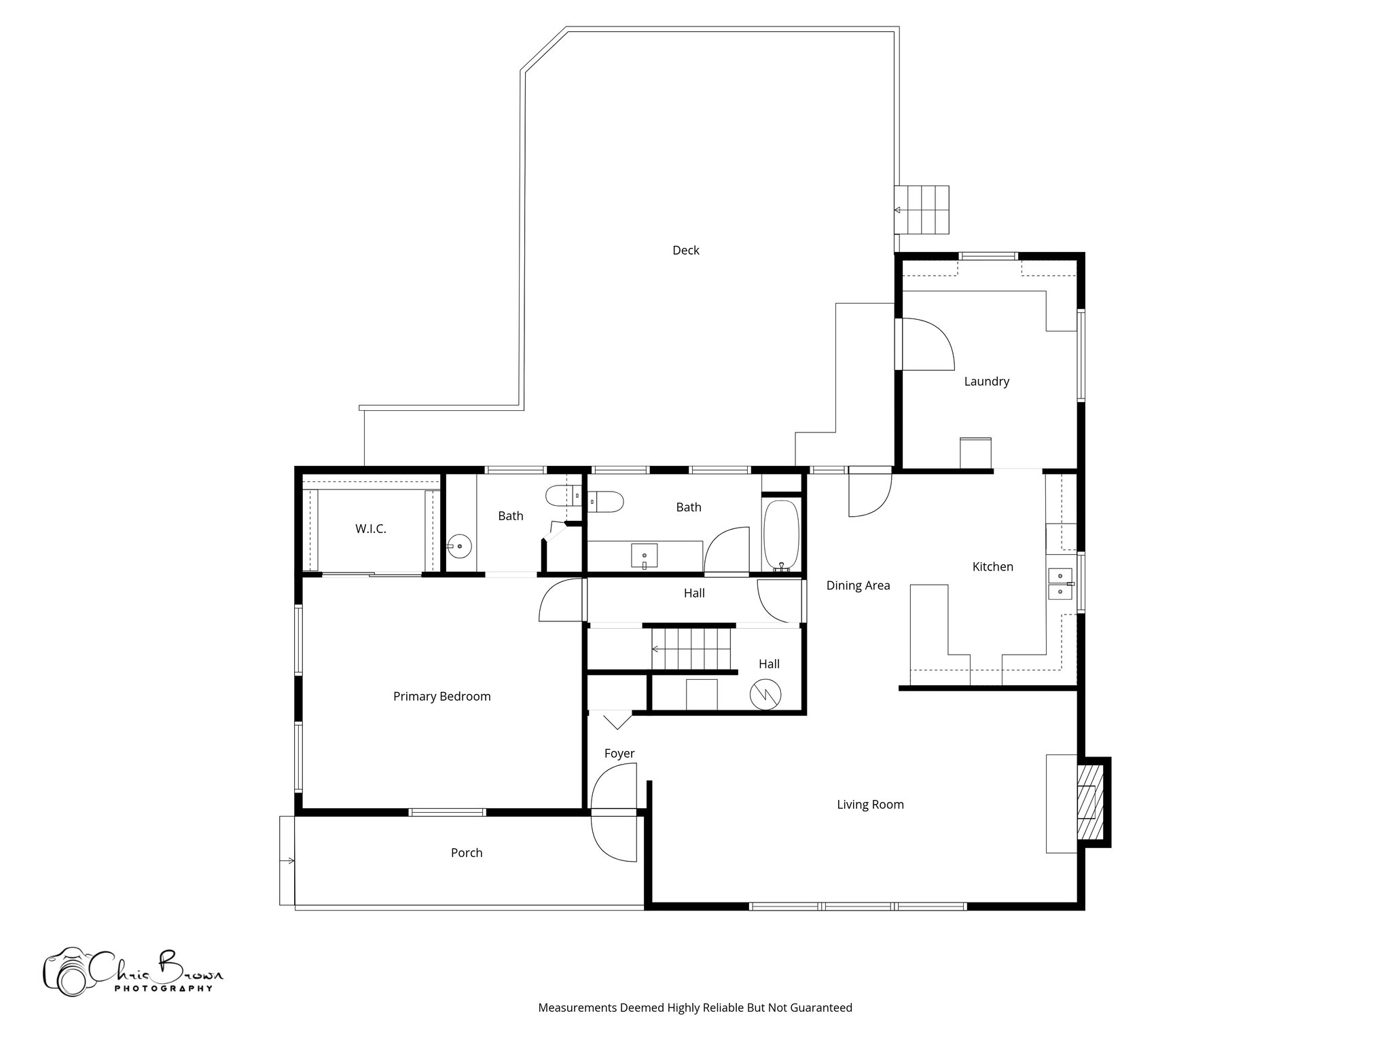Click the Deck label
(x=685, y=250)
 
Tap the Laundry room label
(x=986, y=382)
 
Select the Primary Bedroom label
(x=441, y=696)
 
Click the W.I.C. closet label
(x=370, y=529)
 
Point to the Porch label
(x=467, y=853)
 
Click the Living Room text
(x=870, y=805)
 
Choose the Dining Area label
(x=858, y=585)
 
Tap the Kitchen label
(x=992, y=566)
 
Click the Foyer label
(x=619, y=753)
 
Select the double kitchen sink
(x=1060, y=584)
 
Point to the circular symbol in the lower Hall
(x=765, y=693)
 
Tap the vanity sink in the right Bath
(x=644, y=555)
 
